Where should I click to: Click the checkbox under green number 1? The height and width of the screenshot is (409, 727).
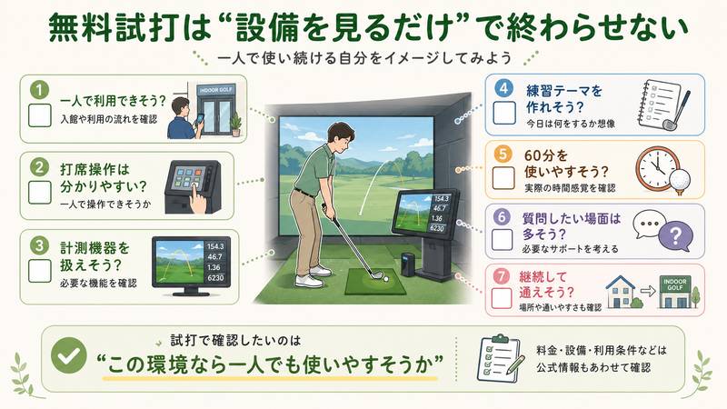pyautogui.click(x=40, y=115)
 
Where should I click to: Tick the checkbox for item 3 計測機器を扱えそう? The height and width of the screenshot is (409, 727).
pyautogui.click(x=40, y=271)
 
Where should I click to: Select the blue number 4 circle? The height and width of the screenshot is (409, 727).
pyautogui.click(x=503, y=88)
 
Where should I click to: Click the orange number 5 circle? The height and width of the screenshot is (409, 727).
pyautogui.click(x=503, y=154)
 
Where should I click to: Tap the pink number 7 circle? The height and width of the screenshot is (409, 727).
pyautogui.click(x=502, y=276)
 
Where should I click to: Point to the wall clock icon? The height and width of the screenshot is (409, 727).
pyautogui.click(x=657, y=169)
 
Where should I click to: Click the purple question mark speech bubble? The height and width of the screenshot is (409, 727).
pyautogui.click(x=675, y=236)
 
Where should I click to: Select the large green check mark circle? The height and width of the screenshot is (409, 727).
pyautogui.click(x=69, y=355)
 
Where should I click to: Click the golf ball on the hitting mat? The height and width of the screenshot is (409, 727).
pyautogui.click(x=385, y=279)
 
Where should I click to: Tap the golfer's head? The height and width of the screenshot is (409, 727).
pyautogui.click(x=341, y=137)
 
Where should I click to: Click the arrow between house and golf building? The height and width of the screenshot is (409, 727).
pyautogui.click(x=648, y=291)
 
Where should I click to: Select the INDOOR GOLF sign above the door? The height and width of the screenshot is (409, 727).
pyautogui.click(x=216, y=89)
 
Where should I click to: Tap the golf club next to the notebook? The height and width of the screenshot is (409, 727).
pyautogui.click(x=676, y=111)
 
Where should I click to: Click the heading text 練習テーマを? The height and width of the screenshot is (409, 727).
pyautogui.click(x=563, y=91)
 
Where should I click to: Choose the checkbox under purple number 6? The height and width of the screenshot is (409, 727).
pyautogui.click(x=503, y=239)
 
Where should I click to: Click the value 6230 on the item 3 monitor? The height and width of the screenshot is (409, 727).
pyautogui.click(x=215, y=278)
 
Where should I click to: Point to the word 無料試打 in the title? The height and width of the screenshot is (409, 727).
pyautogui.click(x=113, y=28)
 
